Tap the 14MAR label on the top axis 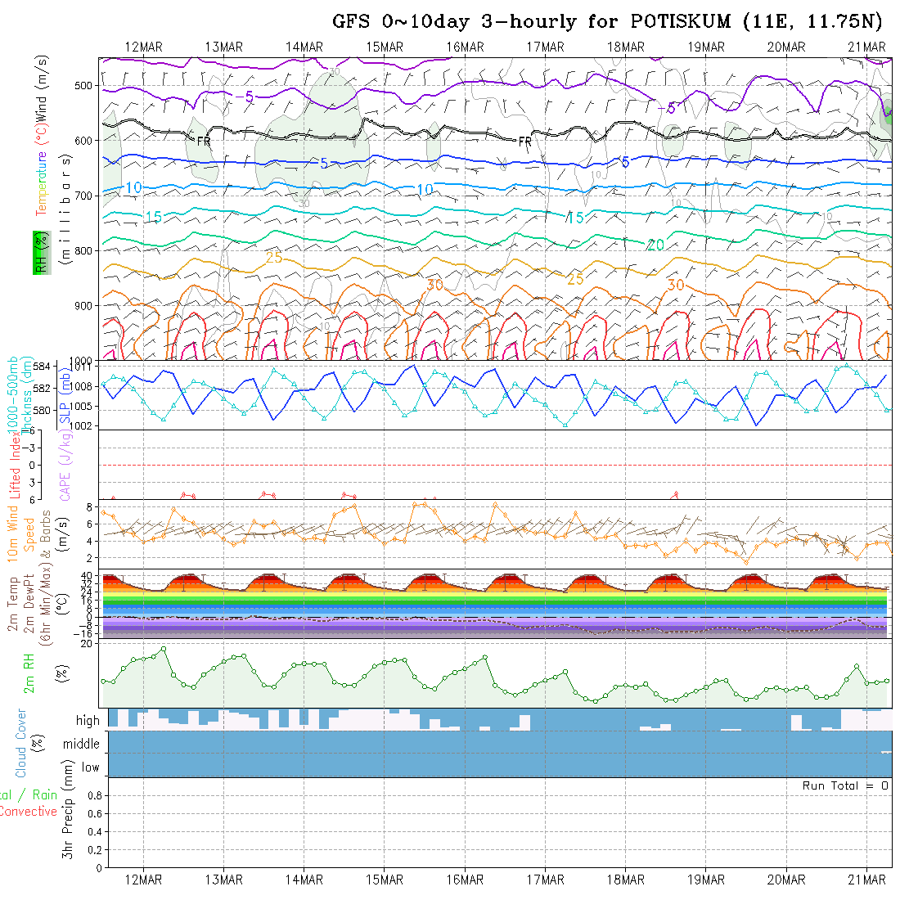point(304,47)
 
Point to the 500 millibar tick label point(83,85)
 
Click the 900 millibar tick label point(83,305)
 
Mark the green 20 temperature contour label point(655,245)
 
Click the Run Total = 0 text point(845,785)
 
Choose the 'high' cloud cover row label point(88,721)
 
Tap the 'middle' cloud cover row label point(82,744)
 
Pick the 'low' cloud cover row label point(90,767)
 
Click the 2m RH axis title point(29,673)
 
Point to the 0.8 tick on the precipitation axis point(93,794)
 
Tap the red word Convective point(28,811)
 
